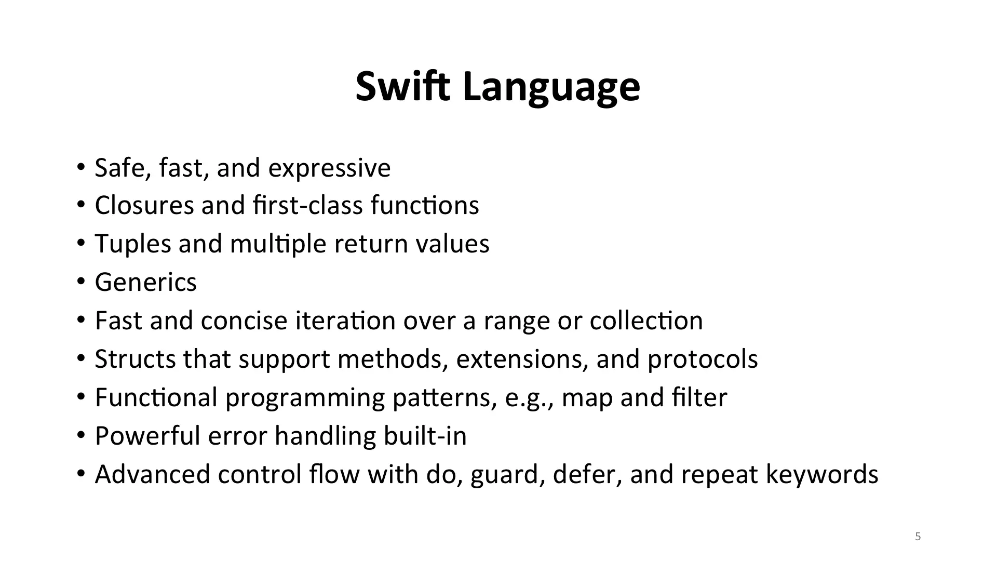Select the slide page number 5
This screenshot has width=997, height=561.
[x=918, y=537]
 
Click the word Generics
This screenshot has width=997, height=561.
[x=146, y=282]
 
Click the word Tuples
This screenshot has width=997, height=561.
[x=133, y=244]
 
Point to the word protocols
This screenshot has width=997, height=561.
[x=703, y=359]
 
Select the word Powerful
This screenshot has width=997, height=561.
[x=148, y=436]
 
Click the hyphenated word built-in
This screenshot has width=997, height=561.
[x=425, y=436]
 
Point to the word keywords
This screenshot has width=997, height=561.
[x=822, y=475]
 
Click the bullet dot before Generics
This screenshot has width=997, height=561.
[x=80, y=282]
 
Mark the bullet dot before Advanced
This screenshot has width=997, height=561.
[x=80, y=474]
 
